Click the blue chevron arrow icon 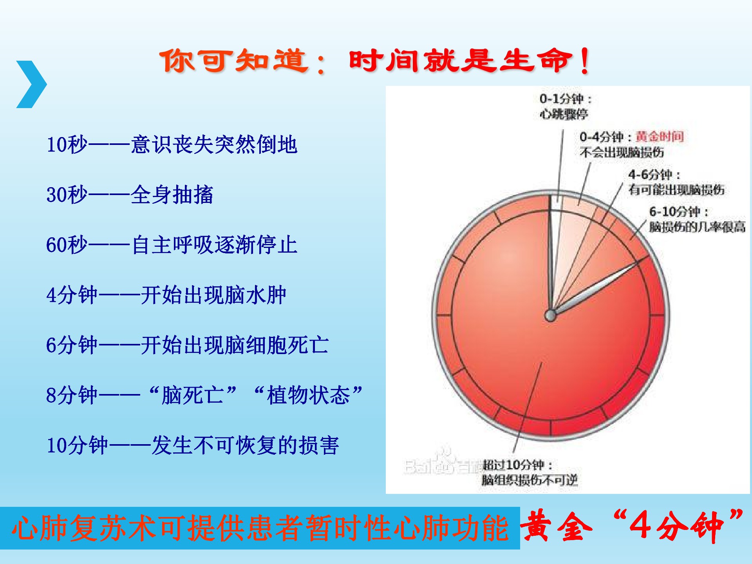32,84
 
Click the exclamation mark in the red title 585,61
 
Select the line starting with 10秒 172,145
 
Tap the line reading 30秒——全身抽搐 130,195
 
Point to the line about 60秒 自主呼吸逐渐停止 172,245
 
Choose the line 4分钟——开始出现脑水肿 166,295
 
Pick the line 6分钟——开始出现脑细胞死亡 187,345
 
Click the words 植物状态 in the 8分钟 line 308,395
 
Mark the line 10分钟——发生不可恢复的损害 193,445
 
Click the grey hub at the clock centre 550,315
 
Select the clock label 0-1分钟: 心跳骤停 565,106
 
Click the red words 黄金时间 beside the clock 660,137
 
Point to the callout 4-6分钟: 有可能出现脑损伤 676,182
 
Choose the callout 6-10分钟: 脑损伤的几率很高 697,219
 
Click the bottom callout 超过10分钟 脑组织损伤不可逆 530,472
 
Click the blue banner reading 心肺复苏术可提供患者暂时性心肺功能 260,528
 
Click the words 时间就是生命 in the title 459,61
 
